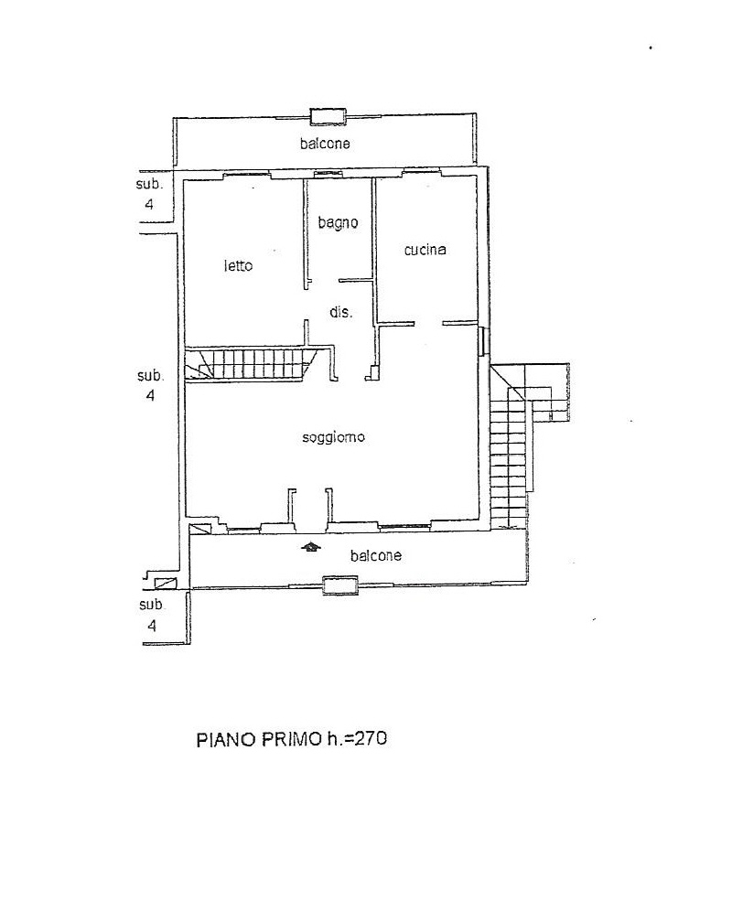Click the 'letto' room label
239,266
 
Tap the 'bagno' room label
338,222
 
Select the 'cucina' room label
425,250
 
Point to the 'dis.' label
341,312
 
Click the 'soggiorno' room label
333,437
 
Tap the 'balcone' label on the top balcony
325,143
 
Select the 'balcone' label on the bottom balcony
376,555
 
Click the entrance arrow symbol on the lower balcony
312,547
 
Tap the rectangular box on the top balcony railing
328,116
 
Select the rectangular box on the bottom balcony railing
340,585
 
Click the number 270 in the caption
371,739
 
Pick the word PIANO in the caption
226,740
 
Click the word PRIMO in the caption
291,739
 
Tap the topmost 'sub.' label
149,185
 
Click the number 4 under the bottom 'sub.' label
152,626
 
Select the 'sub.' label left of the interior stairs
151,376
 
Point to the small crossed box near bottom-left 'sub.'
166,583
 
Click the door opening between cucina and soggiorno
428,324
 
